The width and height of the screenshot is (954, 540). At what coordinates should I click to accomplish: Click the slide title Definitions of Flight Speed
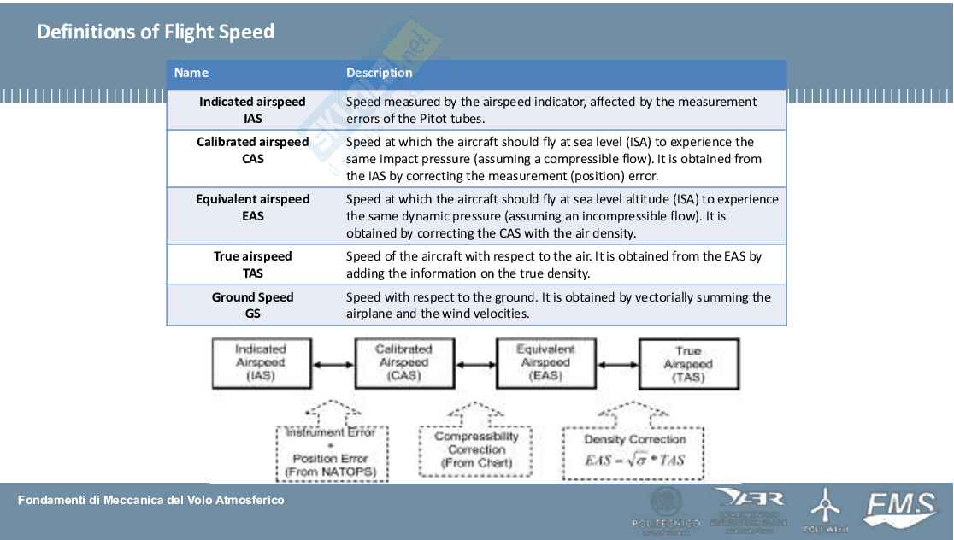(x=155, y=32)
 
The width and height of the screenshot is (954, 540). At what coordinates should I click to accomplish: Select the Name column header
(x=191, y=73)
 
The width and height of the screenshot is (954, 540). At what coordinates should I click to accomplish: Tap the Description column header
(x=379, y=73)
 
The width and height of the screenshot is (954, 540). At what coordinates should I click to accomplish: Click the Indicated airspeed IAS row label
(x=252, y=110)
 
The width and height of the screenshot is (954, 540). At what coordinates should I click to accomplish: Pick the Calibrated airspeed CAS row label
(x=252, y=150)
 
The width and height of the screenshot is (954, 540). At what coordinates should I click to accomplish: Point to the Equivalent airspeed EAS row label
(x=252, y=208)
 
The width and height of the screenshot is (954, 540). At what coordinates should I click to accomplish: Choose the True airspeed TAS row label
(x=252, y=265)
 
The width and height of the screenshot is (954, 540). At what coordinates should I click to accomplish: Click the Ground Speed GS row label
(x=252, y=305)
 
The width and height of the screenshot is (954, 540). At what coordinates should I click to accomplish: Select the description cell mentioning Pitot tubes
(x=551, y=110)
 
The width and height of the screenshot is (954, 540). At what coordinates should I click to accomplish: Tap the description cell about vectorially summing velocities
(x=558, y=305)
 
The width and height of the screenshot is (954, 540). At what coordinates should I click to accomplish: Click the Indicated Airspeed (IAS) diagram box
(x=261, y=362)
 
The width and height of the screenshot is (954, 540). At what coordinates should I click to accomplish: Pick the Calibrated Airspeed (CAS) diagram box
(x=403, y=362)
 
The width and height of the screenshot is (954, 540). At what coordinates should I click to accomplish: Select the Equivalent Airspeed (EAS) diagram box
(x=545, y=362)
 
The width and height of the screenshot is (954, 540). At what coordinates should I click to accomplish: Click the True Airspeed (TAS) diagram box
(x=688, y=364)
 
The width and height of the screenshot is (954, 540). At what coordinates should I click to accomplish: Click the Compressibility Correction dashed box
(x=476, y=449)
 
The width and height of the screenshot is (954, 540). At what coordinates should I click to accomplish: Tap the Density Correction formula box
(x=633, y=452)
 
